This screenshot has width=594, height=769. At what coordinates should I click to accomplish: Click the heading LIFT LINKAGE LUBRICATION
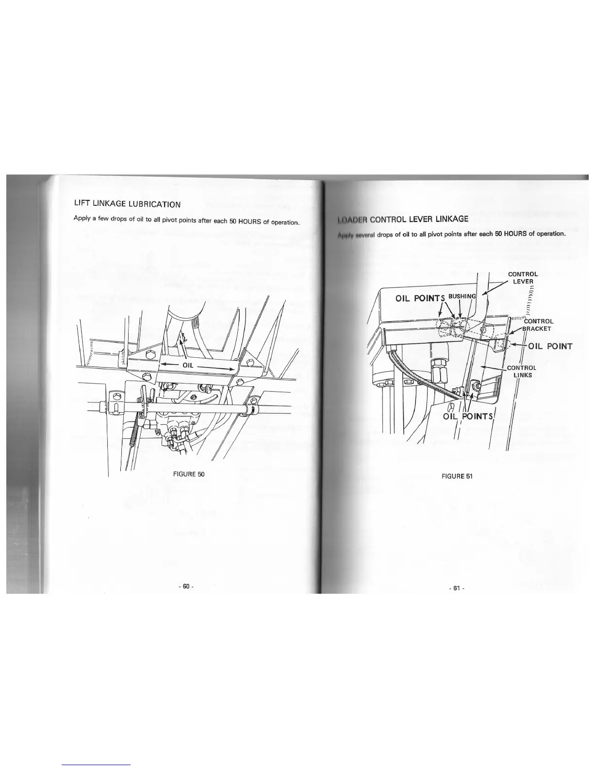coord(127,204)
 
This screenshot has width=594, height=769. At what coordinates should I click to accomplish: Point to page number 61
coord(456,588)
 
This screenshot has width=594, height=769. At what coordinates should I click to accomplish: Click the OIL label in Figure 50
coord(188,365)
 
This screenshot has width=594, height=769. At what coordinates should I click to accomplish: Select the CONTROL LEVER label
coord(523,278)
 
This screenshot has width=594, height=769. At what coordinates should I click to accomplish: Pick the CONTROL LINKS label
coord(522,371)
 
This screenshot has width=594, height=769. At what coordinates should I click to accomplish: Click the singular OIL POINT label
coord(550,346)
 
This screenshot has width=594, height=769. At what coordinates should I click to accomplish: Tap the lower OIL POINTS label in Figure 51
coord(468,416)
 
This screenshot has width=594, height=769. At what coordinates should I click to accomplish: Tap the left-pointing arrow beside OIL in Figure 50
coord(169,364)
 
